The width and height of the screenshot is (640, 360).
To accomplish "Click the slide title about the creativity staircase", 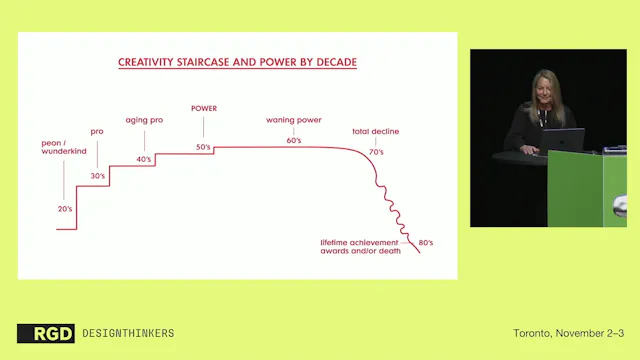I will (237, 62).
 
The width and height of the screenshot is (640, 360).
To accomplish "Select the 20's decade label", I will (65, 208).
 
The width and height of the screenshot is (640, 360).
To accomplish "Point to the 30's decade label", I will (98, 176).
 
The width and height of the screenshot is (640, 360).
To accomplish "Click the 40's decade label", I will (144, 160).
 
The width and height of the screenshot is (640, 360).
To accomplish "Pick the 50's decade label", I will (203, 148).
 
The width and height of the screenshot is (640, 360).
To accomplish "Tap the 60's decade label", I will (293, 141).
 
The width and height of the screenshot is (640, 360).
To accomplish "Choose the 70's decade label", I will (377, 151).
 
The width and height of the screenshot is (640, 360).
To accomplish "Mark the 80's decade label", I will (425, 243).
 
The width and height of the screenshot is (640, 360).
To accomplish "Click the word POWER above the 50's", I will (203, 108).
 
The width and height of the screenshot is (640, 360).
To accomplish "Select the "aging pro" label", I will (144, 120).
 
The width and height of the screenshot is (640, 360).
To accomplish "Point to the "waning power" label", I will (292, 120).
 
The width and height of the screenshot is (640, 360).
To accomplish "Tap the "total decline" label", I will (375, 132).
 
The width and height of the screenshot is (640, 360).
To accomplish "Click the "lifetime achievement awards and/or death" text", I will (360, 247).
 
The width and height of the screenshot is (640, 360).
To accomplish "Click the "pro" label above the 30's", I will (97, 131).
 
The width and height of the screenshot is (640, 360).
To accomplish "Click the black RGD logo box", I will (45, 333).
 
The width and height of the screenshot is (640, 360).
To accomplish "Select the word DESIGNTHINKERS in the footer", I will (127, 333).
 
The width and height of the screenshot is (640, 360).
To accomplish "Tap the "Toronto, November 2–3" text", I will (567, 332).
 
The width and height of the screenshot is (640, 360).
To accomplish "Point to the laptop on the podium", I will (567, 140).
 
